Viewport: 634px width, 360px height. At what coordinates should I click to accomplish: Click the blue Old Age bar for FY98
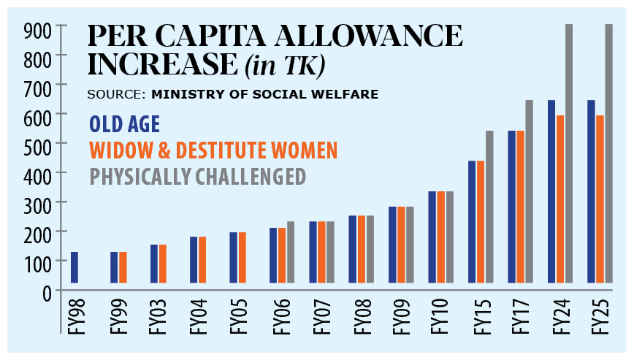75,267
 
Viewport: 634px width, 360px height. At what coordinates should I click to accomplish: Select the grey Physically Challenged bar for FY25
609,153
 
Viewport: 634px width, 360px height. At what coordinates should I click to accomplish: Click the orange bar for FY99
123,267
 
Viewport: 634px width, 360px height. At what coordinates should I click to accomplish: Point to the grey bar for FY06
291,252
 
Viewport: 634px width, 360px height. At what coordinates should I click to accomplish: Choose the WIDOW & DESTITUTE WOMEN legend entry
213,150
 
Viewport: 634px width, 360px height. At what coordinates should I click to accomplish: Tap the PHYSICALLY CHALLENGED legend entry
196,177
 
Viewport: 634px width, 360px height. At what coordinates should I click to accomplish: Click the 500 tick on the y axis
37,144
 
